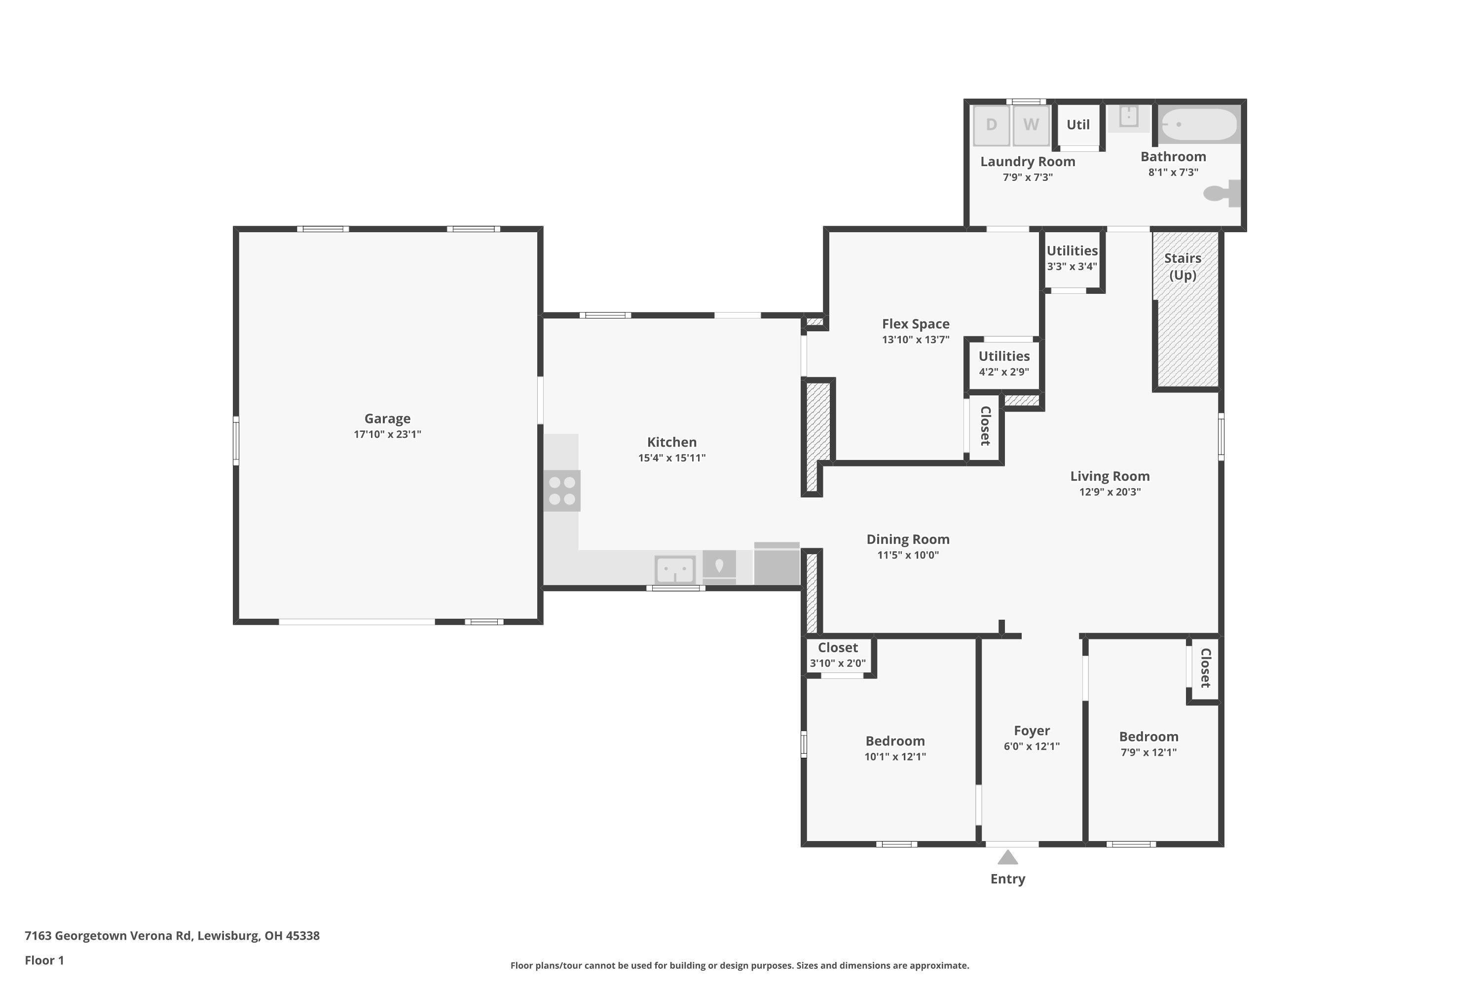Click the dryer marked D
click(x=991, y=125)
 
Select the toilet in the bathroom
click(x=1221, y=193)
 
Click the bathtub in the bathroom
click(x=1199, y=125)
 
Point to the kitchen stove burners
click(x=562, y=491)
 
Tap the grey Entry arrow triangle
click(x=1007, y=857)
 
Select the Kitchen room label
click(x=671, y=442)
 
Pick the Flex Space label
click(x=916, y=324)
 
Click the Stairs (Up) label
click(x=1183, y=267)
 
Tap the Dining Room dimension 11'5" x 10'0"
click(x=908, y=555)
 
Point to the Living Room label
click(x=1110, y=476)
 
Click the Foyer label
click(x=1032, y=731)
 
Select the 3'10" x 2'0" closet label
click(x=838, y=663)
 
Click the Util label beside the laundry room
click(x=1078, y=125)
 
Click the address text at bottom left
click(x=172, y=936)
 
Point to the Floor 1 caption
click(x=44, y=960)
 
